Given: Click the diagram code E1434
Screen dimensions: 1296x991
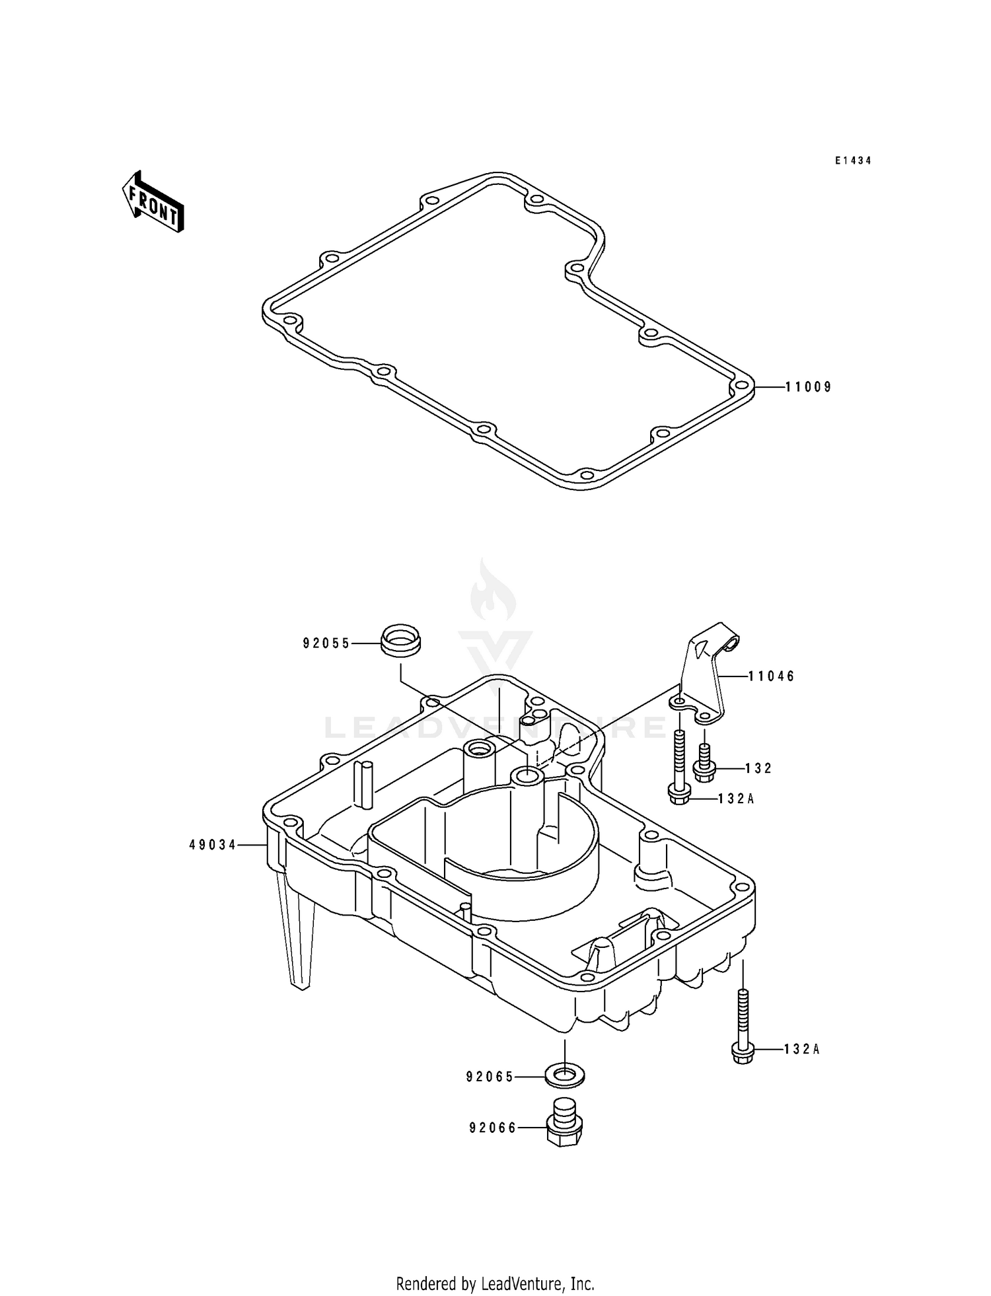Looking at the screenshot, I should click(x=853, y=161).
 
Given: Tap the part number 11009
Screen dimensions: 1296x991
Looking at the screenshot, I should click(x=808, y=387).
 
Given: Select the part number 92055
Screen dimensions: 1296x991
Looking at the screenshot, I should click(x=326, y=643).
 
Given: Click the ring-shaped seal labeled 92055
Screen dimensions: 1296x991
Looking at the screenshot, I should click(x=401, y=639).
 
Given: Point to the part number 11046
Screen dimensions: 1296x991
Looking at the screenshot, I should click(x=771, y=676).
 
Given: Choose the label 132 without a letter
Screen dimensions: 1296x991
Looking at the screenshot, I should click(x=758, y=768).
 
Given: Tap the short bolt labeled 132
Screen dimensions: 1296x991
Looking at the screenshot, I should click(x=704, y=763).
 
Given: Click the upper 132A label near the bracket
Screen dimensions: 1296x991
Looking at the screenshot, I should click(x=736, y=799).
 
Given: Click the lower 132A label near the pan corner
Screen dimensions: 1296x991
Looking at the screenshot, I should click(x=801, y=1049).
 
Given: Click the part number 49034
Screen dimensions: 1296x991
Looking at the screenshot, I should click(x=213, y=844).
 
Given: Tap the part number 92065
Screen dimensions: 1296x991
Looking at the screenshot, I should click(x=490, y=1077).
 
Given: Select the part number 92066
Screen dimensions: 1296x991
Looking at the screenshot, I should click(x=493, y=1128).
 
